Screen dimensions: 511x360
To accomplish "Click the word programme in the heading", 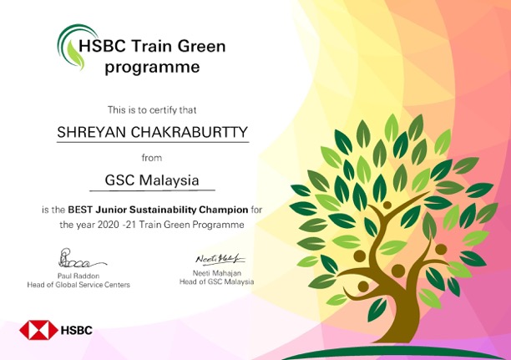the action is pos(152,67).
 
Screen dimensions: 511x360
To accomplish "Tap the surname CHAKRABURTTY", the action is pos(190,133).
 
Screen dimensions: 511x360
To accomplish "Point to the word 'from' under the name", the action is pos(152,158).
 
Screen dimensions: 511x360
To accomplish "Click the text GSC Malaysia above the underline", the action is pos(152,180).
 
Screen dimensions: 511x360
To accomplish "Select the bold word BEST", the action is pos(80,210).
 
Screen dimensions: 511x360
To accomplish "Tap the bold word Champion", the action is pos(224,210).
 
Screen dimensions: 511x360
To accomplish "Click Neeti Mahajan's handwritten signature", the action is pos(220,259).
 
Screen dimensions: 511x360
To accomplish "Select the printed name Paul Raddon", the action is pos(78,276).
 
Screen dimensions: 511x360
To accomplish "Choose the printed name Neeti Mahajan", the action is pos(217,273).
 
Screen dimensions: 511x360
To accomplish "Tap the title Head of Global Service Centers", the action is pos(78,285).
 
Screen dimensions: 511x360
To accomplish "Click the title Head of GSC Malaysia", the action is pos(217,281).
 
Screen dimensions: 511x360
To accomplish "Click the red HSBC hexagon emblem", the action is pos(38,330).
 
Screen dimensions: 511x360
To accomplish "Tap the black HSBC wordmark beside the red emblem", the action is pos(77,330).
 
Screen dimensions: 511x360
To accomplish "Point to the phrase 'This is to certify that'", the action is pos(152,110).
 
